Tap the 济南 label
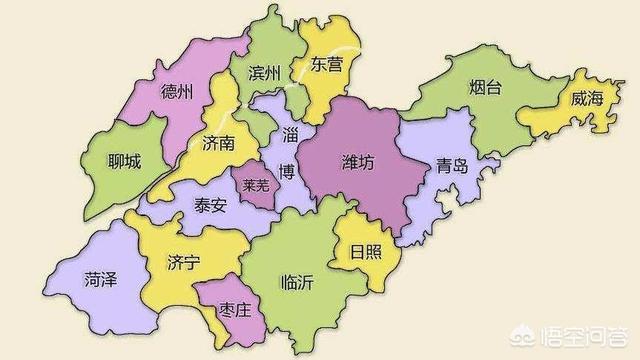click(x=217, y=143)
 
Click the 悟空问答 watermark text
click(x=591, y=335)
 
